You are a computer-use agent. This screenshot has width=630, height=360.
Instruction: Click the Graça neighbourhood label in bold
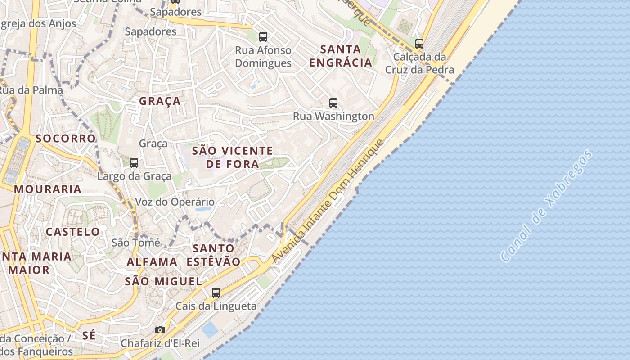point(160,101)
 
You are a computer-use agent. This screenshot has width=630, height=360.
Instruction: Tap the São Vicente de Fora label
point(233,157)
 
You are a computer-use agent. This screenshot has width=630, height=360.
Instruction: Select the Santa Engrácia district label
point(341,56)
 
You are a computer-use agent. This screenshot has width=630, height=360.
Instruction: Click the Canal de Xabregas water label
point(546,206)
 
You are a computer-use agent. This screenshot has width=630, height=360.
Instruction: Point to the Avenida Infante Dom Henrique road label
point(328,201)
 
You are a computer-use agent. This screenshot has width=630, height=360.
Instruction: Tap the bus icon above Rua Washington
point(333,103)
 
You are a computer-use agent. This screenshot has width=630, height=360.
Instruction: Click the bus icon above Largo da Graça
point(134,163)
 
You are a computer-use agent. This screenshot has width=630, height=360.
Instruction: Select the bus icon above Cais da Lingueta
point(216,293)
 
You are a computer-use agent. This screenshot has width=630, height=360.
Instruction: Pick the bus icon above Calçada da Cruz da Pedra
point(419,44)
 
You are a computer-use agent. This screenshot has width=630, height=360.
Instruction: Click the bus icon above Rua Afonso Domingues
point(263,37)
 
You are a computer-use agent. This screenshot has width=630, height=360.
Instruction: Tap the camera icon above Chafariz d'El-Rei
point(160,330)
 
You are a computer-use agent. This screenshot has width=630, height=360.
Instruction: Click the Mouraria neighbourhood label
point(48,189)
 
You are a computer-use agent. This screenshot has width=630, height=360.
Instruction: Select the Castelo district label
point(73,232)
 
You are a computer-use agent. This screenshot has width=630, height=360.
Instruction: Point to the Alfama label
point(152,262)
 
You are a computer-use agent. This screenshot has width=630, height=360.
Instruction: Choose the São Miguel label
point(163,282)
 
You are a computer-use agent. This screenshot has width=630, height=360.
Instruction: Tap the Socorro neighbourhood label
point(66,138)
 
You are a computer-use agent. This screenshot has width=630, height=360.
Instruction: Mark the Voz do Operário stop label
point(175,202)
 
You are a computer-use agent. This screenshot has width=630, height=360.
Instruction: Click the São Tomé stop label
point(136,243)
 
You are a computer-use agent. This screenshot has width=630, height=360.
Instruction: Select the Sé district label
point(89,335)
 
